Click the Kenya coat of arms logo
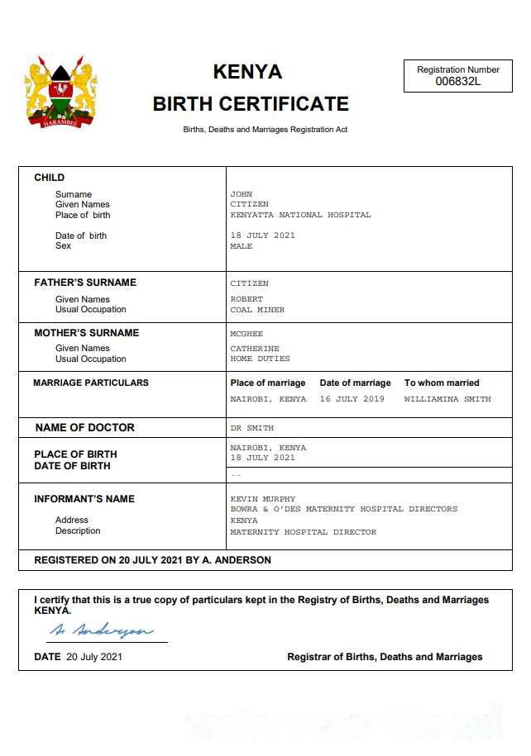point(60,91)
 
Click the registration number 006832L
point(457,82)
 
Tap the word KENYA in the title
point(247,72)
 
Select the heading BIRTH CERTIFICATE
point(251,104)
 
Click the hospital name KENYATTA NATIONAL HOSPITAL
point(300,215)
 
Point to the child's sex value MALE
point(241,246)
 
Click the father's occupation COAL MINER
point(256,310)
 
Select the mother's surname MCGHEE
point(246,334)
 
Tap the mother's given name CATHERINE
point(255,349)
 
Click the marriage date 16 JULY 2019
point(352,399)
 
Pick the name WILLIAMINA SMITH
point(447,399)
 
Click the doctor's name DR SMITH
point(251,428)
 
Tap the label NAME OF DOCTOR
point(84,428)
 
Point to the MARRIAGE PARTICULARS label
point(91,383)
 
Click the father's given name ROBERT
point(246,299)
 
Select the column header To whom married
point(441,383)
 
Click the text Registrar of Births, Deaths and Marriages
point(385,657)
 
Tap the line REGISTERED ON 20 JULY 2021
point(152,560)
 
